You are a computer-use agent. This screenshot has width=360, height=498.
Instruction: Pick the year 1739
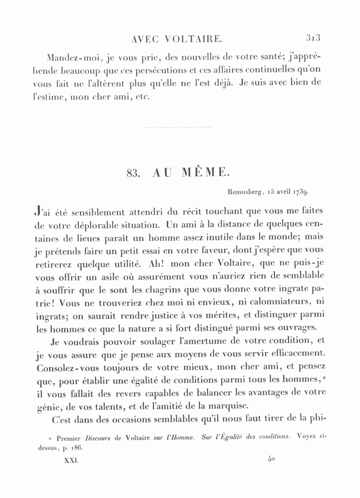[300, 192]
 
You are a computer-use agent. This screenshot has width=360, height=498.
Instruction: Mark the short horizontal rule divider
[177, 127]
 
